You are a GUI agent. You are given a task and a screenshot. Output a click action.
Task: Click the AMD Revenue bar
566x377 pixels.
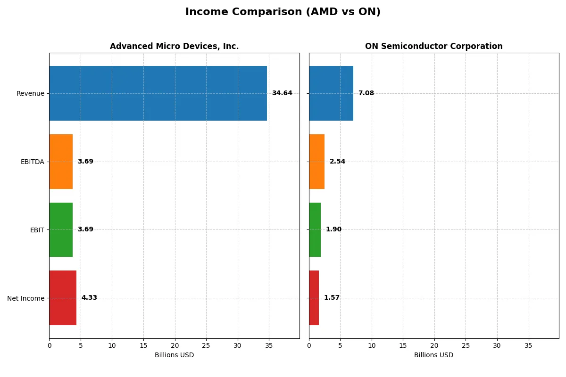158,93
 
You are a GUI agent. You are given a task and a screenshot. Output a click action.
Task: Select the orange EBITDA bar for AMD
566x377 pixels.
61,162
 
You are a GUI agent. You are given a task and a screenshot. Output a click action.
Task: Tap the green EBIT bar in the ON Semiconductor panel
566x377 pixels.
315,230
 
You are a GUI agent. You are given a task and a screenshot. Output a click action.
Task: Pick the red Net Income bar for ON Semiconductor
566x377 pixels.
314,298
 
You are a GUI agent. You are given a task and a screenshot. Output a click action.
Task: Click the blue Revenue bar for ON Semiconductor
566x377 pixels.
331,93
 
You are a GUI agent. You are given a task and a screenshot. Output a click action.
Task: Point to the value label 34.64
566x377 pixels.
282,93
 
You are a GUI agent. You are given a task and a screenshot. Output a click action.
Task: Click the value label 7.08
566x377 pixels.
366,93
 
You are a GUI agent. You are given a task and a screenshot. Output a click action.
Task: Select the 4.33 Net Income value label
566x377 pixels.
89,298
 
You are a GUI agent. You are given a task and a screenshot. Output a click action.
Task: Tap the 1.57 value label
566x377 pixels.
332,298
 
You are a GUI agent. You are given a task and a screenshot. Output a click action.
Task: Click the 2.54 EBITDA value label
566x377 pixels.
337,162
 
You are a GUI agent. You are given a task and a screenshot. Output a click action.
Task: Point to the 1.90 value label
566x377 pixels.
333,229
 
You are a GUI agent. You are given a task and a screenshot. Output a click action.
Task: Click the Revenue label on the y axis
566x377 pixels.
30,93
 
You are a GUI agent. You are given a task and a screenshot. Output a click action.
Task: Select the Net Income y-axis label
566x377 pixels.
25,298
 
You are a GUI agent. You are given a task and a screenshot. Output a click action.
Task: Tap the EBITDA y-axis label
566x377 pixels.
32,162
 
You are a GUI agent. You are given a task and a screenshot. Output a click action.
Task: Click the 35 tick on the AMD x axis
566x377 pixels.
269,345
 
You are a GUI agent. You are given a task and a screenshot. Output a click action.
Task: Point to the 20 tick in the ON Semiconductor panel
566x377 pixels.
434,345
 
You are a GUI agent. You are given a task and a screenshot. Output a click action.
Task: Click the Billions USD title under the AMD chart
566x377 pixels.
174,355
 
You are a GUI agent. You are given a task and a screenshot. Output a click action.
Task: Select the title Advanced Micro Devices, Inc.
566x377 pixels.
174,46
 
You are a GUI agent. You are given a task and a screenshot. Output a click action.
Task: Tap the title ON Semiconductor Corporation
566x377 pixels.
433,46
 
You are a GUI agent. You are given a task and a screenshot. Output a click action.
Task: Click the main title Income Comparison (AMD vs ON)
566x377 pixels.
283,12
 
